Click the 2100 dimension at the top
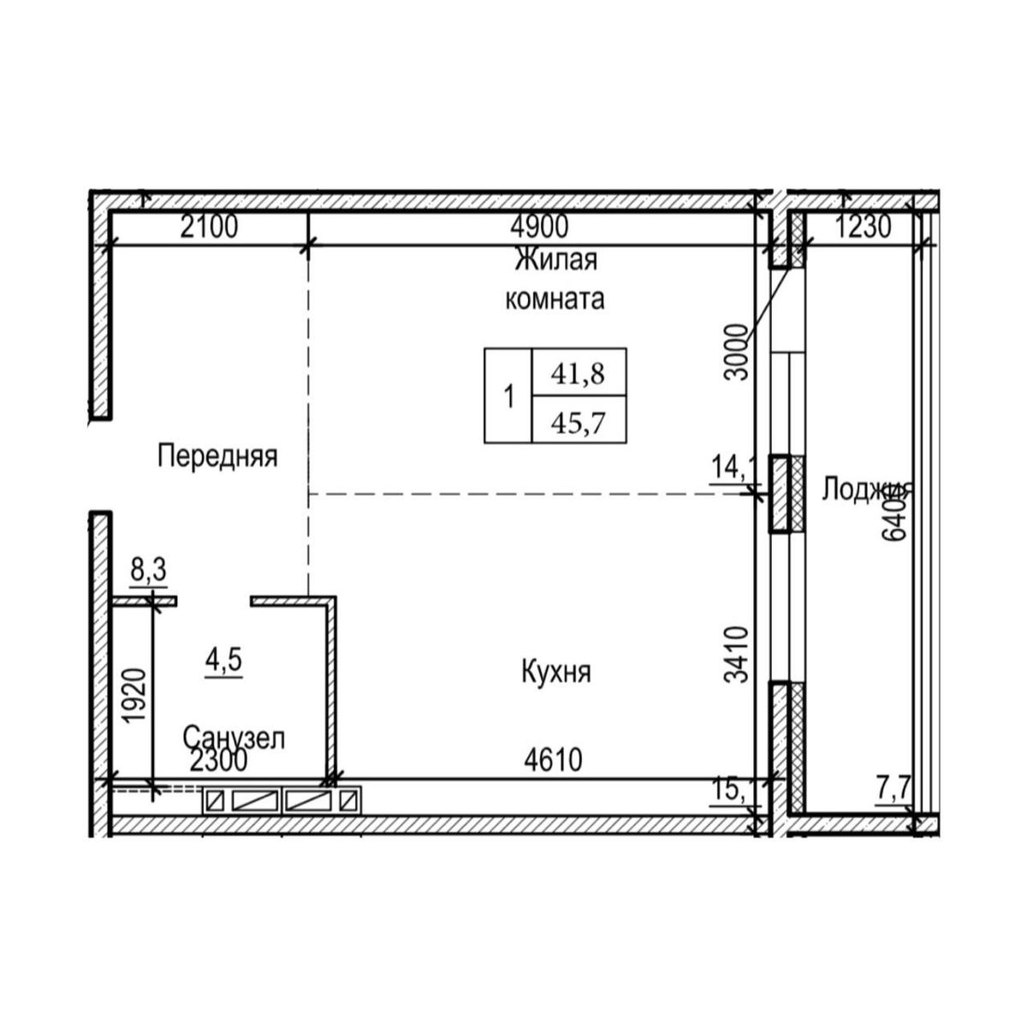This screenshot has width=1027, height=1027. tap(208, 229)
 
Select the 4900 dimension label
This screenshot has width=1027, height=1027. tap(538, 229)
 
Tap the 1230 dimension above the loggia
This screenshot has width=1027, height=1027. tap(862, 229)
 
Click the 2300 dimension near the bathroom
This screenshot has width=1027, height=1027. tap(218, 760)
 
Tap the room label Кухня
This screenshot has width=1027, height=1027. tap(555, 673)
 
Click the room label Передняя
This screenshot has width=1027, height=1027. tap(217, 456)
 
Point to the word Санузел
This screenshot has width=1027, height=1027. tap(234, 737)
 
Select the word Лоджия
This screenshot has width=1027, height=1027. tap(866, 490)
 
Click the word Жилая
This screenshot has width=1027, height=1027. tap(555, 259)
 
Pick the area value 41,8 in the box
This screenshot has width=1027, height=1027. tap(579, 373)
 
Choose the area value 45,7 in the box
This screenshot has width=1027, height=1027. tap(579, 422)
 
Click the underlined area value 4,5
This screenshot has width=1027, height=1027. tap(224, 661)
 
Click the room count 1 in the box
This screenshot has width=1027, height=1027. tap(508, 397)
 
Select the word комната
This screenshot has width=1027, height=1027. tap(555, 300)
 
